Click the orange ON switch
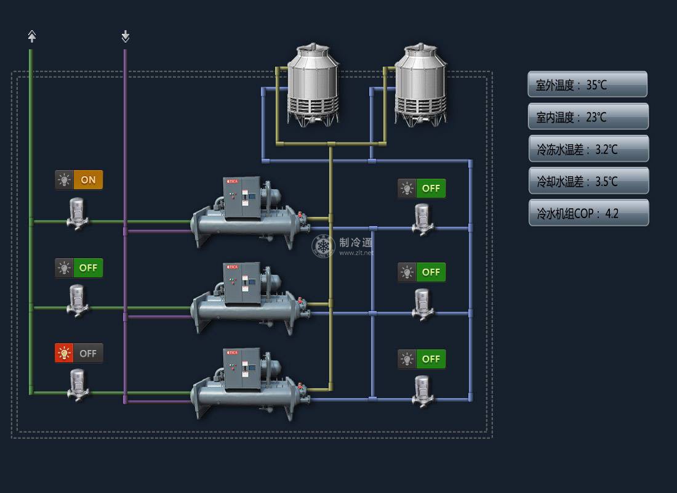pyautogui.click(x=88, y=180)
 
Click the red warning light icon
pyautogui.click(x=64, y=354)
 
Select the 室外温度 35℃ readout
pyautogui.click(x=587, y=84)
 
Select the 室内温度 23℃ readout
pyautogui.click(x=588, y=116)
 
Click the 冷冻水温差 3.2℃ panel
pyautogui.click(x=588, y=149)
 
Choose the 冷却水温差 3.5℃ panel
pyautogui.click(x=588, y=181)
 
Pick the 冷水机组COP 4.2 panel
pyautogui.click(x=588, y=213)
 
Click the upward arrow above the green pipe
pyautogui.click(x=32, y=36)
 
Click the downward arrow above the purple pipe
pyautogui.click(x=126, y=36)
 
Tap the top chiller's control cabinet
pyautogui.click(x=242, y=197)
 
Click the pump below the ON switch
pyautogui.click(x=77, y=213)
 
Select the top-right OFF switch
pyautogui.click(x=431, y=188)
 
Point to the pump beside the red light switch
pyautogui.click(x=77, y=385)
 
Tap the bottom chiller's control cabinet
pyautogui.click(x=242, y=369)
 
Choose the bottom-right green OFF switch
pyautogui.click(x=431, y=359)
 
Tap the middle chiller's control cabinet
pyautogui.click(x=242, y=283)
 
